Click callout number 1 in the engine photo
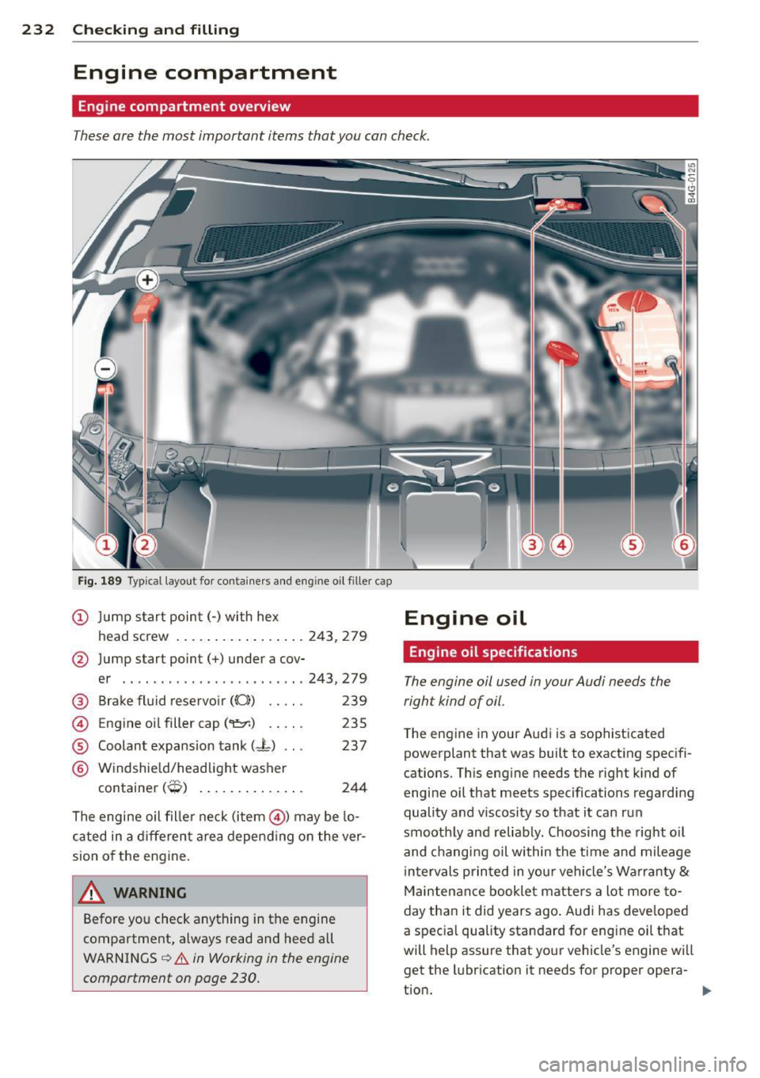click(105, 544)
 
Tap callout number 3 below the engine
click(533, 544)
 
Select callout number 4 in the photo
click(561, 544)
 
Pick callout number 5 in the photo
click(633, 544)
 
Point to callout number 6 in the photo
click(682, 544)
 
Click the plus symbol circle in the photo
click(147, 280)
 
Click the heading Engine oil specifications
click(493, 652)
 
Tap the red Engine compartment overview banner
click(385, 106)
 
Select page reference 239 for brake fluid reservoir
click(354, 701)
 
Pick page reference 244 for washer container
click(354, 787)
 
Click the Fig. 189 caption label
click(100, 581)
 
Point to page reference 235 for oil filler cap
click(354, 723)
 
